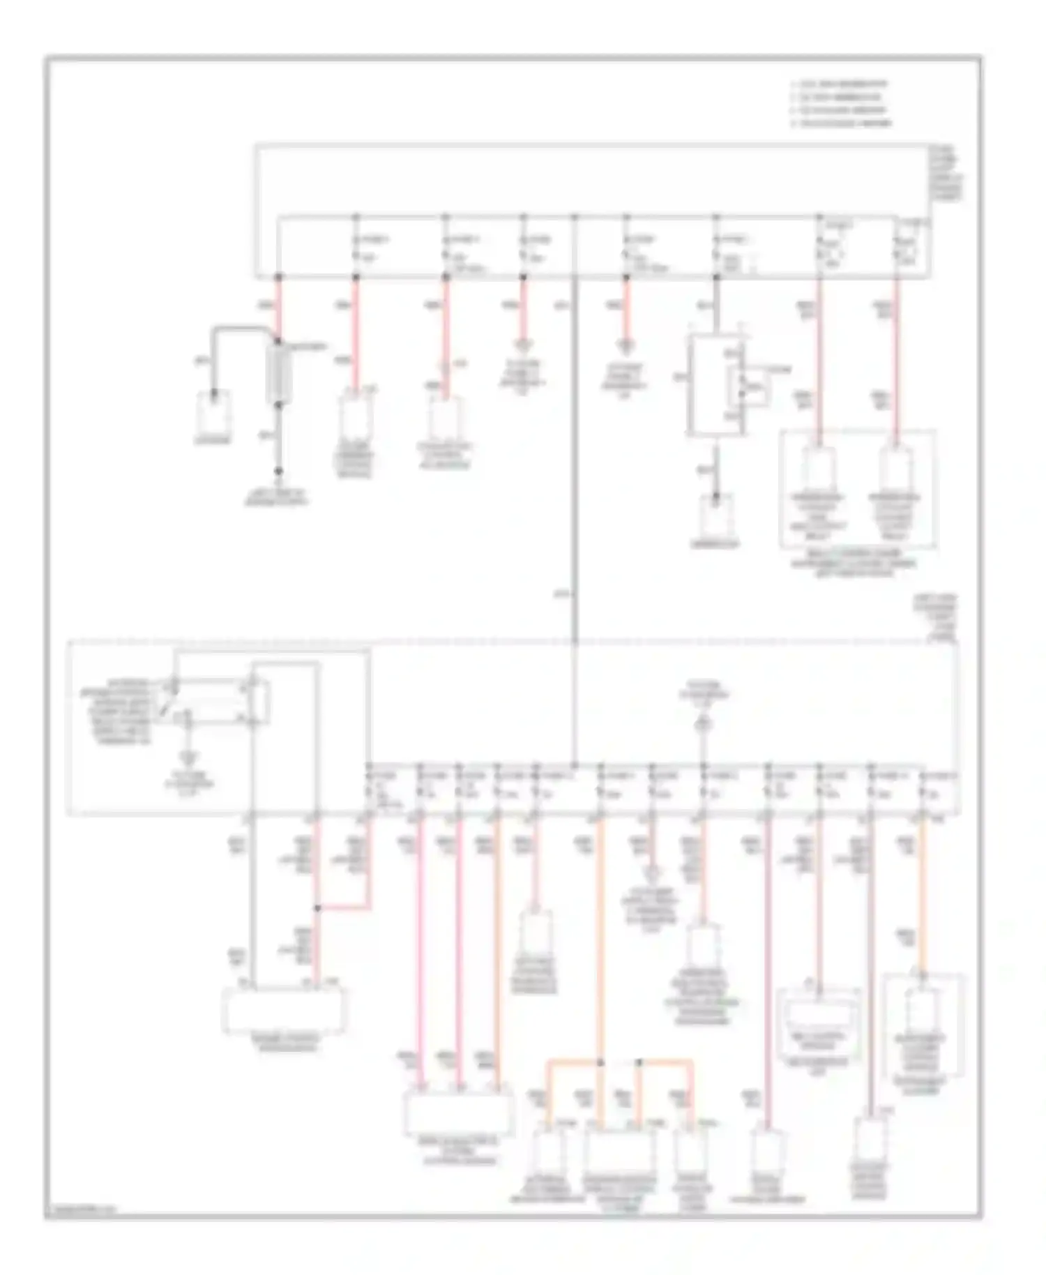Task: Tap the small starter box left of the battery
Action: [x=214, y=412]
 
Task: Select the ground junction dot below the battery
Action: [x=278, y=471]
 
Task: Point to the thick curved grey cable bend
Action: [x=237, y=328]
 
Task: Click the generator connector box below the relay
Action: [x=716, y=516]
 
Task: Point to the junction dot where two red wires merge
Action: [x=317, y=908]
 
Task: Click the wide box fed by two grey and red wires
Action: [x=282, y=1009]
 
